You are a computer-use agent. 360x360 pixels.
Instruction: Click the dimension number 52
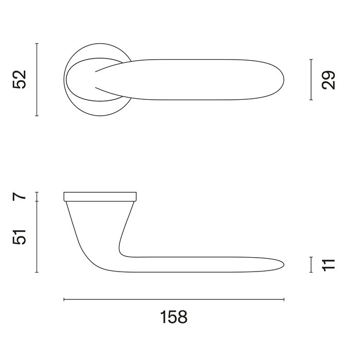(x=20, y=80)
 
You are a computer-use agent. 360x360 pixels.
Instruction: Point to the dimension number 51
(x=20, y=237)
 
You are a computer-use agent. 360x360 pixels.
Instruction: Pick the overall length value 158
(x=173, y=317)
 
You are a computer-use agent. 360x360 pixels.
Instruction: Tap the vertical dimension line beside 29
(x=311, y=80)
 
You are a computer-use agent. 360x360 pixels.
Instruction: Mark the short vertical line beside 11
(x=311, y=264)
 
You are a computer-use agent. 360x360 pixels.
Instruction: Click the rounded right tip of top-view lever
(x=283, y=80)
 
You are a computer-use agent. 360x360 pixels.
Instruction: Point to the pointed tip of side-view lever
(x=283, y=264)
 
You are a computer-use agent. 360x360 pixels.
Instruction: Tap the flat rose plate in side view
(x=100, y=195)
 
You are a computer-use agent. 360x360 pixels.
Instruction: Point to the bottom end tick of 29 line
(x=311, y=100)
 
